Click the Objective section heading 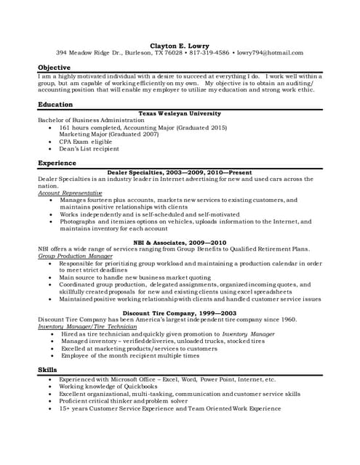[x=54, y=68]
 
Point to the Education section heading [x=55, y=105]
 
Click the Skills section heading [x=47, y=371]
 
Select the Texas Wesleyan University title [x=180, y=113]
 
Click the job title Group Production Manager [x=75, y=256]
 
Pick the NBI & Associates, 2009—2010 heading [x=180, y=242]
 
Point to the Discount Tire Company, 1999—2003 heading [x=180, y=312]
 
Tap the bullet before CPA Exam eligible [x=49, y=142]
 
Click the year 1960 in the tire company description [x=287, y=320]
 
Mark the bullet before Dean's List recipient [x=49, y=149]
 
